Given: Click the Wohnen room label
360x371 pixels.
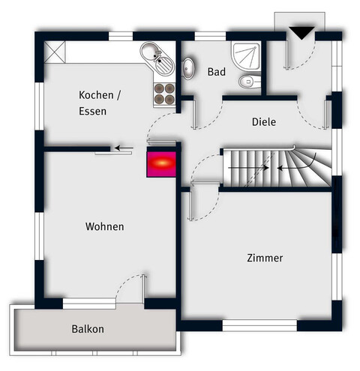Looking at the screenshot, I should [104, 226].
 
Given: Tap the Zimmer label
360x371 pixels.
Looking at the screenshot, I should [265, 259].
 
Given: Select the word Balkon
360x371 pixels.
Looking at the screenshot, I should [88, 329].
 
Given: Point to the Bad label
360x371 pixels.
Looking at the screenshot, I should [217, 72].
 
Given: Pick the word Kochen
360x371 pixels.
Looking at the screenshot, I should [99, 95].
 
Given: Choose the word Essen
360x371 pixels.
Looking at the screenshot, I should [92, 112].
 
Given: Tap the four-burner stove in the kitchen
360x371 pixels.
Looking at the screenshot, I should [163, 92].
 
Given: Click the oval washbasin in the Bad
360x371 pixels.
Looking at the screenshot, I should [188, 69].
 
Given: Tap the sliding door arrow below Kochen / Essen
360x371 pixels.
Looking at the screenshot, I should [126, 148].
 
